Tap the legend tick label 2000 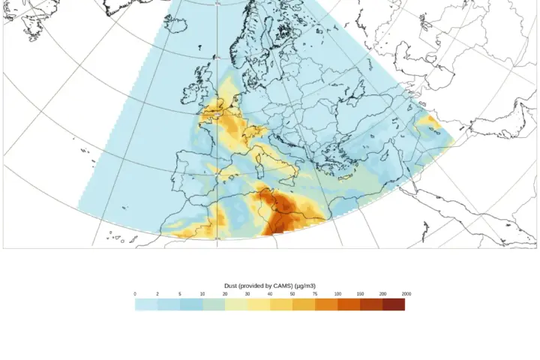tap(406, 294)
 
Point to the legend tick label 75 tap(315, 294)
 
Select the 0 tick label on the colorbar tap(135, 294)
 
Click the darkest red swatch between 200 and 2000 tap(394, 304)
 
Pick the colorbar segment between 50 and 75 tap(304, 304)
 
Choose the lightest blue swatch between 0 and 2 tap(146, 304)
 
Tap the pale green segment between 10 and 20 tap(214, 304)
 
